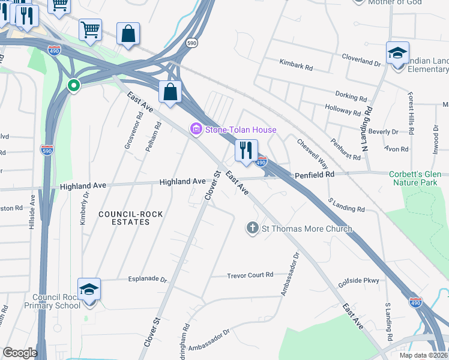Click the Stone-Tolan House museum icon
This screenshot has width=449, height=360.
coord(196,130)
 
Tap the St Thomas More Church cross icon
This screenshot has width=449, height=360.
coord(253,229)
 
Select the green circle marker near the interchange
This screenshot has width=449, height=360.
coord(74,86)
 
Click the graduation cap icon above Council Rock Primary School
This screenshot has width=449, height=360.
coord(89,290)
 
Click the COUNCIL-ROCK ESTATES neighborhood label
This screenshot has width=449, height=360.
coord(124,218)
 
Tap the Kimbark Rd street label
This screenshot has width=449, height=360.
coord(296,64)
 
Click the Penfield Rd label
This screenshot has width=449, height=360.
coord(315,175)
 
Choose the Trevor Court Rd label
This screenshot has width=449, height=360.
coord(250,275)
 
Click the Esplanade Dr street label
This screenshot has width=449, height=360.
coord(147,279)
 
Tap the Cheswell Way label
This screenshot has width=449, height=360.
coord(313,154)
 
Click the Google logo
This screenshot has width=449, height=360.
coord(19,353)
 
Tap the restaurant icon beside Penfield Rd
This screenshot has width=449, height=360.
coord(246,151)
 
